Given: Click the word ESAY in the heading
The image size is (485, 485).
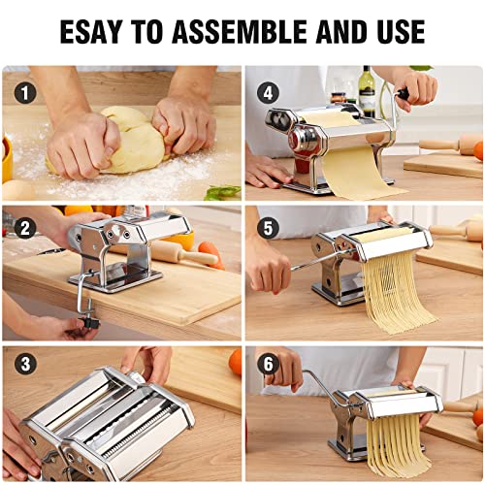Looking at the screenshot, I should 97,31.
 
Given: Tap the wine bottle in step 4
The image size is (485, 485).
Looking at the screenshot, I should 367,92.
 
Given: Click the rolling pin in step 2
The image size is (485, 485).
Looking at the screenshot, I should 189,255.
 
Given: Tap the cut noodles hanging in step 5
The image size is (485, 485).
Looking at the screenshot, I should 398,291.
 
